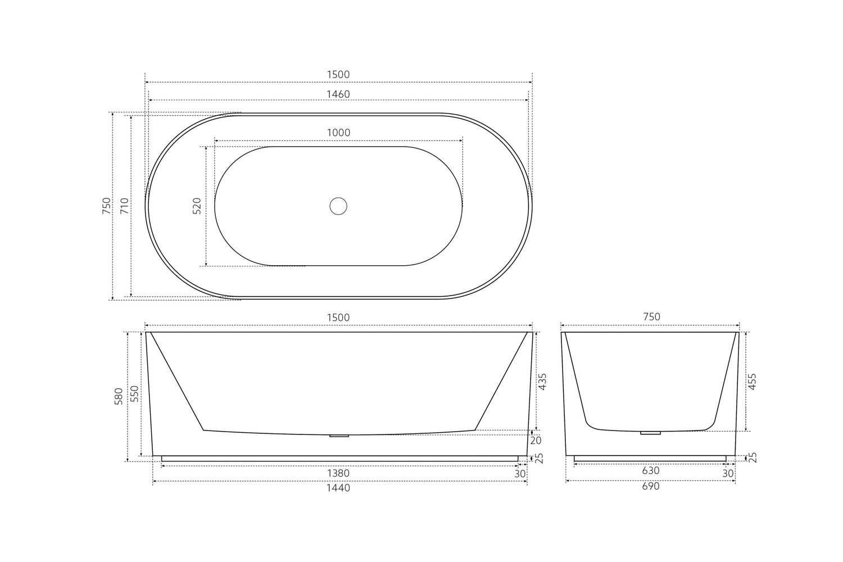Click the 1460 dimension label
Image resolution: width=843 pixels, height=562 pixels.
(338, 94)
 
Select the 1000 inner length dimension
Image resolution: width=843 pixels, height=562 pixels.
(338, 133)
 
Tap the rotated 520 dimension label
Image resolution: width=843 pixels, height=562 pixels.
(197, 206)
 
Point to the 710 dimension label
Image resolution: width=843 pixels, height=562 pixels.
(125, 206)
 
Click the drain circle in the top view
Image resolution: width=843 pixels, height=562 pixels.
(338, 206)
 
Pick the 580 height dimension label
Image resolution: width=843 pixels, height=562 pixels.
(119, 396)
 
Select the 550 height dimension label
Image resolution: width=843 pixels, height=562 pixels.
(134, 396)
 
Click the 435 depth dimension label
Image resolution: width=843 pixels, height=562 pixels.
(542, 382)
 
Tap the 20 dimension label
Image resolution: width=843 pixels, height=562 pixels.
(536, 441)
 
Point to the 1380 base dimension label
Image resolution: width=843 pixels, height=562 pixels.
(338, 474)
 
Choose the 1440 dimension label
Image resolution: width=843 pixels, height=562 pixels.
(338, 488)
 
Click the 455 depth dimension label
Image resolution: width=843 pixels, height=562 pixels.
(753, 382)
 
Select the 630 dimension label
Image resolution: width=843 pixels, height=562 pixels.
(650, 471)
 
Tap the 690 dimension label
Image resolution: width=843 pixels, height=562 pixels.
(650, 486)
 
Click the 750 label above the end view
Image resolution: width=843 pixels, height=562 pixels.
(651, 317)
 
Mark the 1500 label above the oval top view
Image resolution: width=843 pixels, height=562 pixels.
(338, 75)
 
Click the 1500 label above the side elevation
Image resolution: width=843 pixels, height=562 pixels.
(338, 318)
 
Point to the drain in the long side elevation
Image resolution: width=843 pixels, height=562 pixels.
(339, 436)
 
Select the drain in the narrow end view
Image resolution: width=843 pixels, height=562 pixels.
(650, 433)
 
